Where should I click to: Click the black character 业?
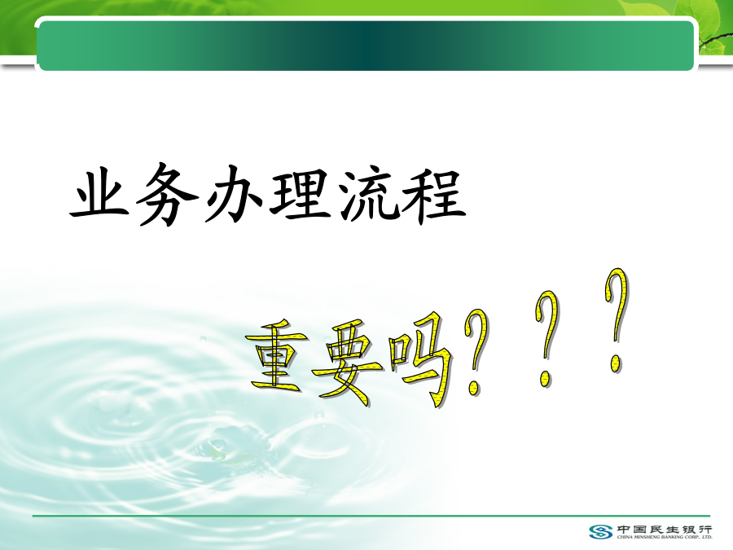pos(99,193)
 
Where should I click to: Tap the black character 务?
pos(166,194)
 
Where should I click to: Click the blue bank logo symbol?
pos(601,532)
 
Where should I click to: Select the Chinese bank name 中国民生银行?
pos(665,530)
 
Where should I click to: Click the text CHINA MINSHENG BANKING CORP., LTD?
pos(665,537)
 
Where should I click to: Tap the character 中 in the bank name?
pos(624,530)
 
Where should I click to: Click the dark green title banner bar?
pos(366,46)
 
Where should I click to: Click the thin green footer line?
pos(371,516)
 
